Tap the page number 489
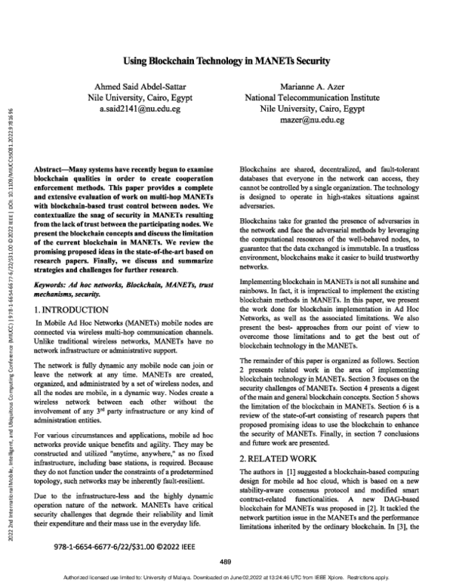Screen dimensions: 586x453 tap(225, 560)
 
